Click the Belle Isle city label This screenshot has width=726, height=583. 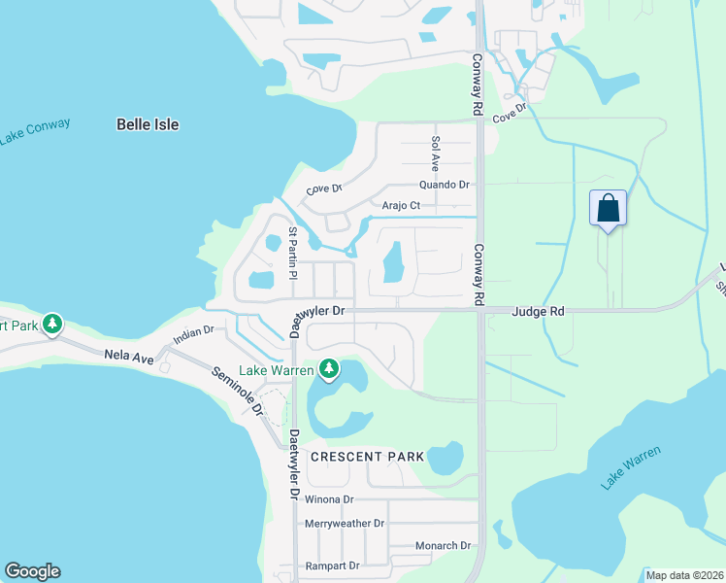[148, 124]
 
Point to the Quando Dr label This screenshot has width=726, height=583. [444, 185]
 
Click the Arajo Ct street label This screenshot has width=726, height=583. [401, 205]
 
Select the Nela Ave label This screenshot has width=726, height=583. [129, 358]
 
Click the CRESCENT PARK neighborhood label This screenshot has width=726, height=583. [367, 456]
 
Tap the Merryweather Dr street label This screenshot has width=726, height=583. [345, 523]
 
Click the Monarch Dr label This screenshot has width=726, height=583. [443, 546]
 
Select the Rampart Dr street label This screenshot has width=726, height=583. [332, 566]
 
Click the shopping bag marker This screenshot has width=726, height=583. [608, 208]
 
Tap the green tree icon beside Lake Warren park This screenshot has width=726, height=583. [330, 368]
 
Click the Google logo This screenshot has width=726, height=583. [32, 571]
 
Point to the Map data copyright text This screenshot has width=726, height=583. [684, 575]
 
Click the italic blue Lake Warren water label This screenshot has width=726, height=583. [631, 467]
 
